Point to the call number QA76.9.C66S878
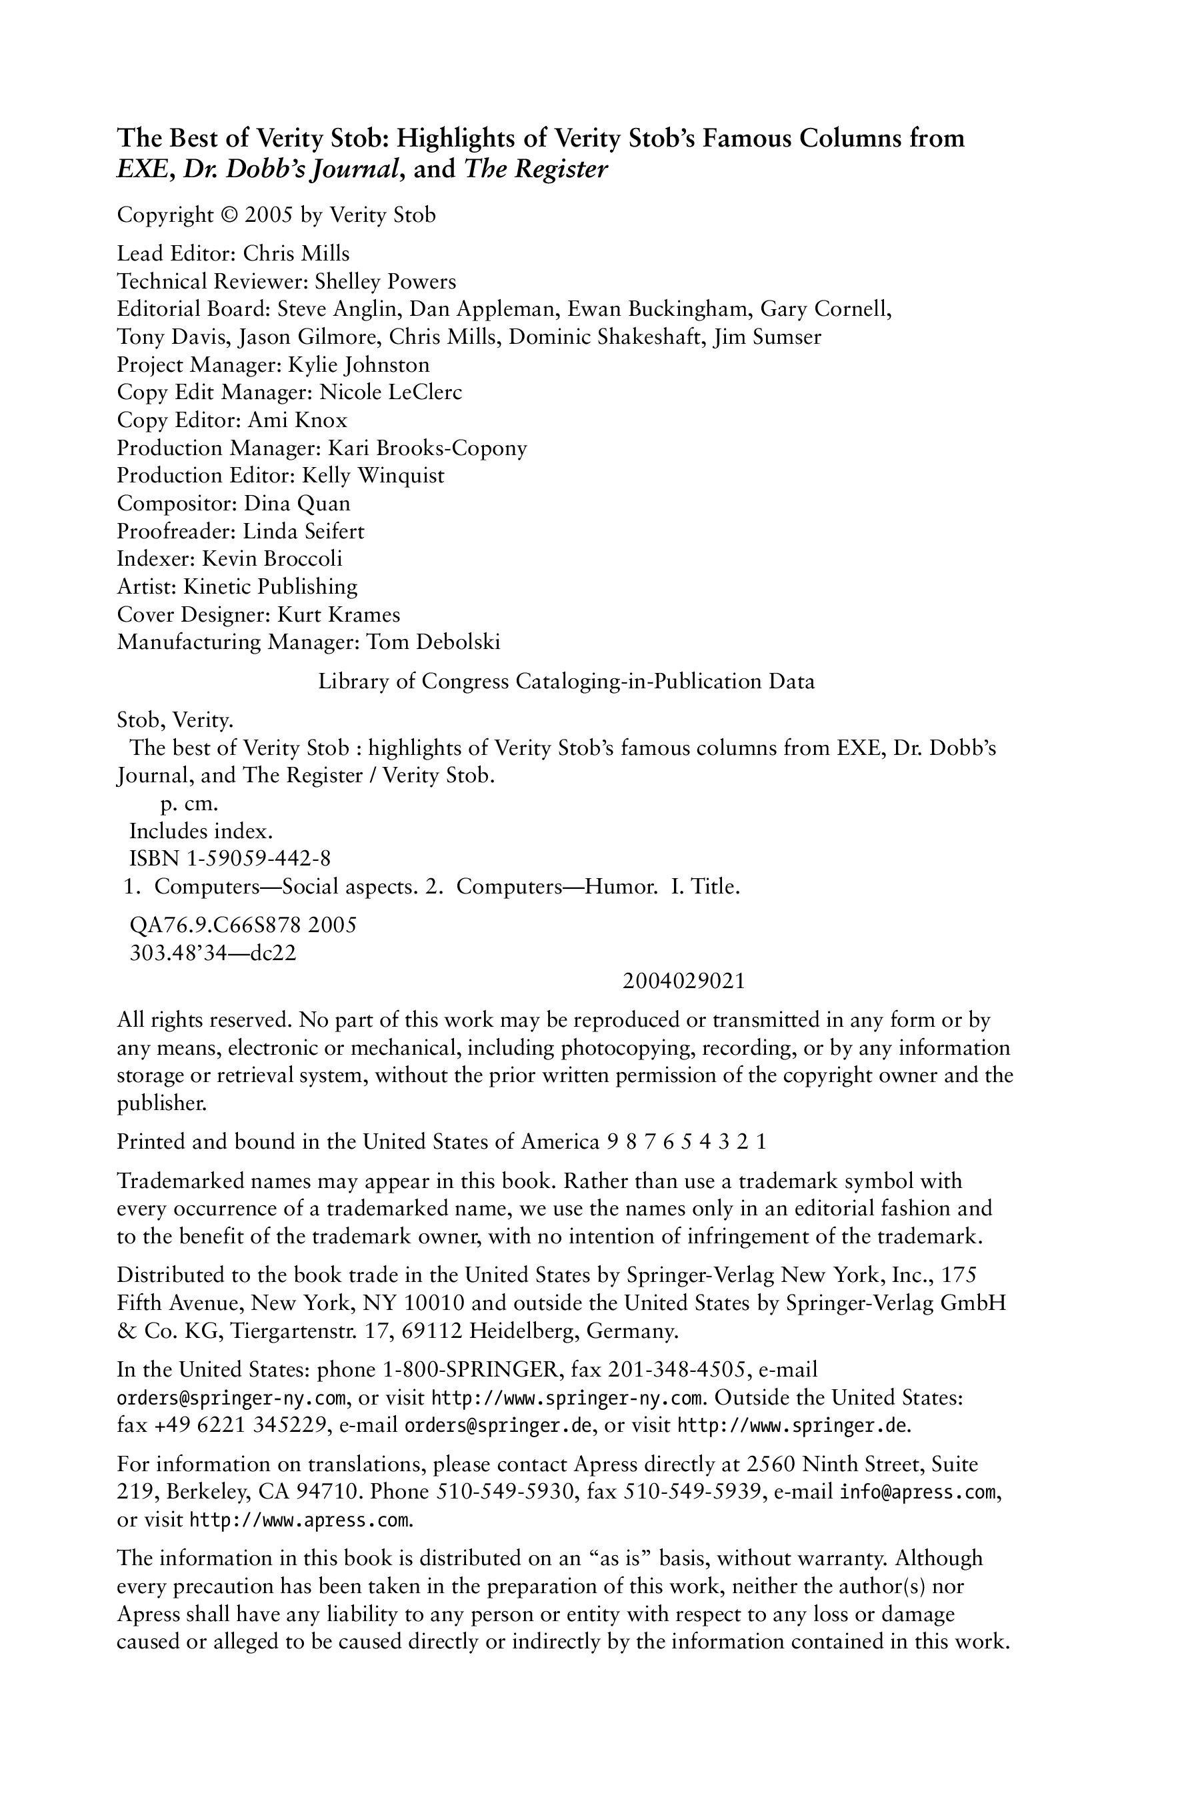click(x=216, y=925)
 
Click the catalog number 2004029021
click(x=684, y=981)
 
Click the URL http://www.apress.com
click(x=299, y=1520)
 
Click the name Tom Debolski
click(x=433, y=642)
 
